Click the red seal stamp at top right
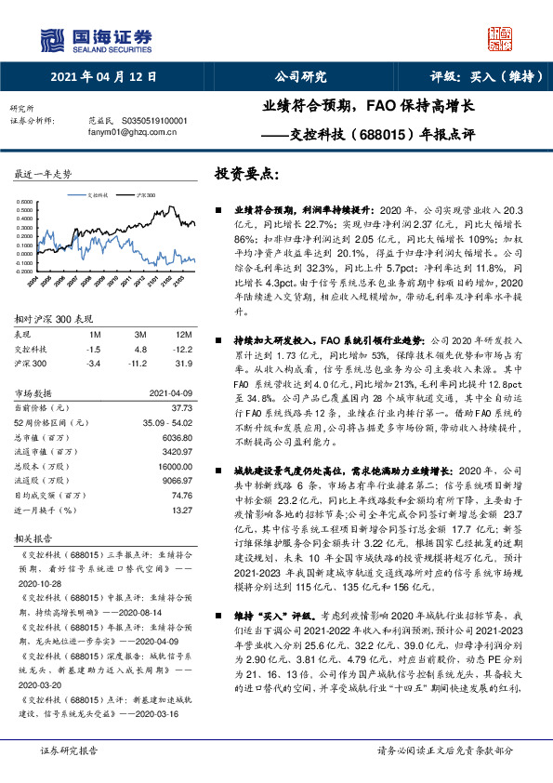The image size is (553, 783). [501, 38]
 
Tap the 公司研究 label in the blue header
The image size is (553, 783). [300, 78]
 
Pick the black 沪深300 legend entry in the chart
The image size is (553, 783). [141, 196]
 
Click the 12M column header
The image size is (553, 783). [184, 334]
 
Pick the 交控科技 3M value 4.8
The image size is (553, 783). [140, 349]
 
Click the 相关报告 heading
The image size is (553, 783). [37, 537]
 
